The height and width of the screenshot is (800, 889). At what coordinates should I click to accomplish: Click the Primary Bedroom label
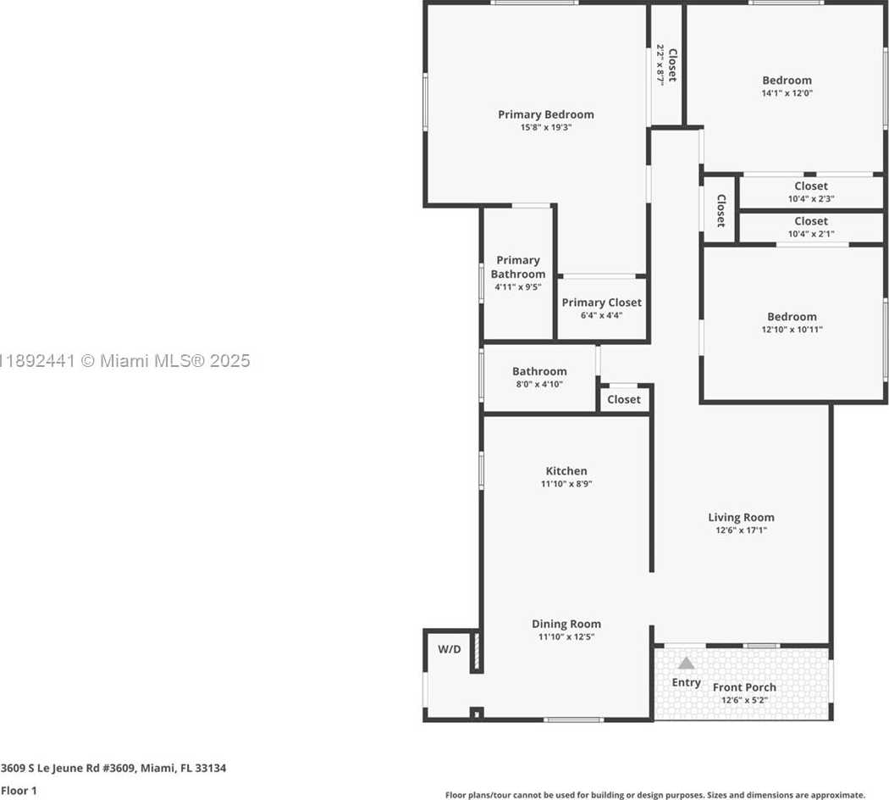tap(546, 114)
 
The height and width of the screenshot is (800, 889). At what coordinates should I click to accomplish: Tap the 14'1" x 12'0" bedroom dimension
tap(787, 93)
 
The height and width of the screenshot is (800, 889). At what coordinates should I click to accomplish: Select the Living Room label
tap(741, 518)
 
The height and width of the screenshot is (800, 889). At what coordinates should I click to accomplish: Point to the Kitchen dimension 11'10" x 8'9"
tap(566, 484)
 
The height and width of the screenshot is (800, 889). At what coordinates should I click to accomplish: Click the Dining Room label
tap(566, 624)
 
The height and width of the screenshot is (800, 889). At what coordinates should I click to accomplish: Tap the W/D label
tap(450, 649)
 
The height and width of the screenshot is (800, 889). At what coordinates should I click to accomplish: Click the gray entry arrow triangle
tap(686, 664)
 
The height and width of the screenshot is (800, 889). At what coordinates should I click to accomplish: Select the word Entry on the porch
tap(686, 682)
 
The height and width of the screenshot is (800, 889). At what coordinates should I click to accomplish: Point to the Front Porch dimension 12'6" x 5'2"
tap(744, 700)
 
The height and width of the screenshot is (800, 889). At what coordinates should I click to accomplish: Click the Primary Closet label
tap(601, 303)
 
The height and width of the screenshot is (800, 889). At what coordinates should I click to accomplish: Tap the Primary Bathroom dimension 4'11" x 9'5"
tap(517, 287)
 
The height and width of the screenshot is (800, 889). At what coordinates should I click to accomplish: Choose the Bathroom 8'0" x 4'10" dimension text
tap(539, 384)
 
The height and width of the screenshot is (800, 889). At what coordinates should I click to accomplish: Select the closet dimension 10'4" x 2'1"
tap(811, 234)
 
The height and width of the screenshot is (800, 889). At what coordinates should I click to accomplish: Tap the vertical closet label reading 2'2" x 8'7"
tap(660, 64)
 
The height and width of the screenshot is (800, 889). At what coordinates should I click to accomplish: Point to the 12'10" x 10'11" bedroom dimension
tap(792, 330)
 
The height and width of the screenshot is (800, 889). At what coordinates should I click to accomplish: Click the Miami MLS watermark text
tap(124, 361)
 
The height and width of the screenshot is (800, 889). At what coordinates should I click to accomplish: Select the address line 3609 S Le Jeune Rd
tap(113, 769)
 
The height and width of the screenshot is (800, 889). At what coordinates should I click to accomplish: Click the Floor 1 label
tap(19, 791)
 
